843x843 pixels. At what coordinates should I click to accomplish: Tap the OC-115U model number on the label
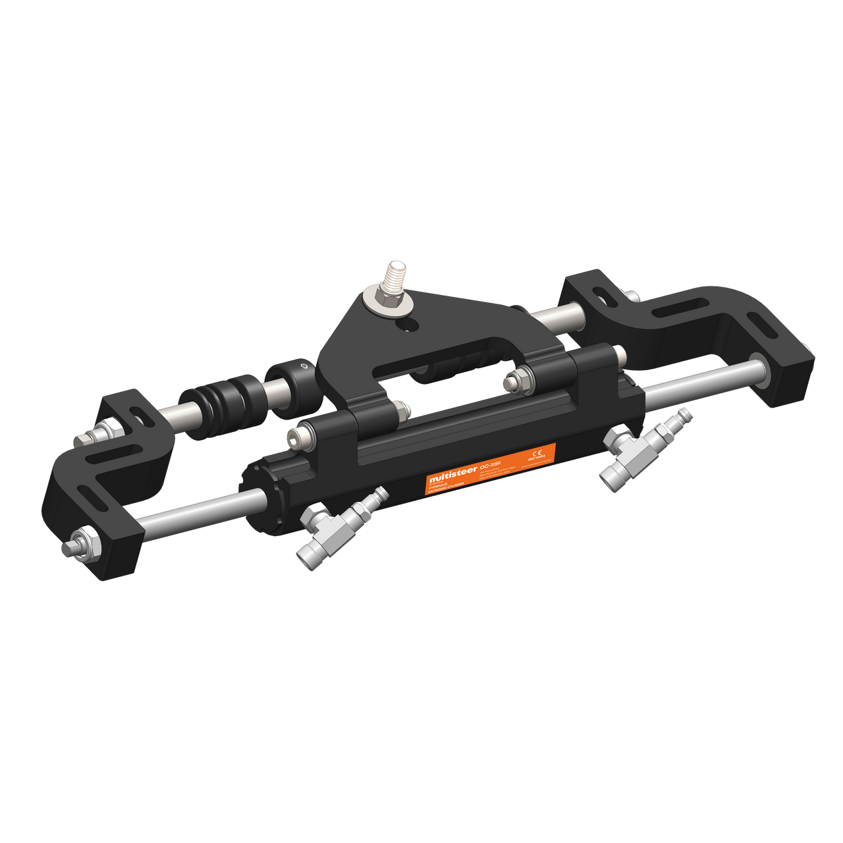click(491, 464)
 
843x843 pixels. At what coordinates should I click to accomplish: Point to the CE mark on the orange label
click(537, 452)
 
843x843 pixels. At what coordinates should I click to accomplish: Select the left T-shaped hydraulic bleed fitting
click(336, 527)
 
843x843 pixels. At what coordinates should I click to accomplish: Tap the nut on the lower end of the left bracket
click(82, 543)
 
